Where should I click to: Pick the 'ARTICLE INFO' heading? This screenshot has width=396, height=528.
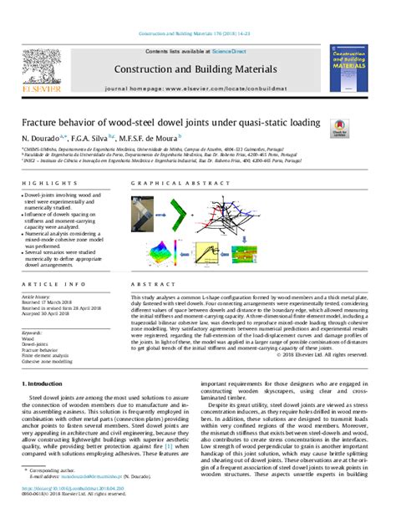[44, 285]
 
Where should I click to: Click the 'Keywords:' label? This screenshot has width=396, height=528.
[33, 332]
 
